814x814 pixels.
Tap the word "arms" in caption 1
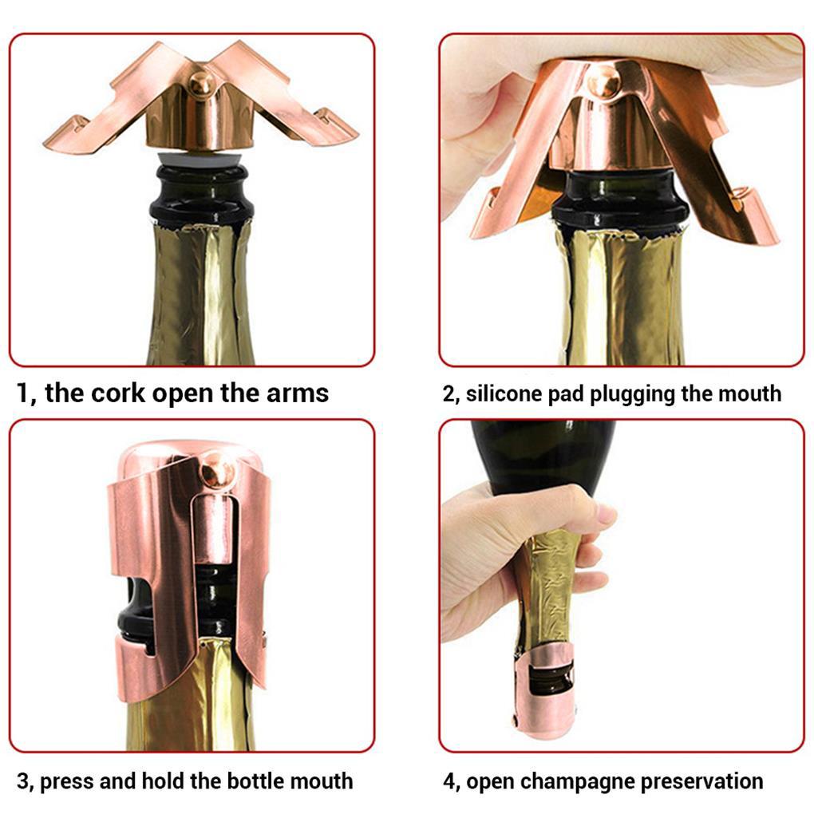(298, 393)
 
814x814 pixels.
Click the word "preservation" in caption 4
(693, 782)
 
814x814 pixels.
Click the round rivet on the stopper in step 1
(200, 83)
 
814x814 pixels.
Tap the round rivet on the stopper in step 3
(217, 470)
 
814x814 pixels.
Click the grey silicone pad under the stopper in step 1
(200, 158)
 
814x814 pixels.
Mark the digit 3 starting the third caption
(23, 780)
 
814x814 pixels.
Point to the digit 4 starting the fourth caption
(449, 780)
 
